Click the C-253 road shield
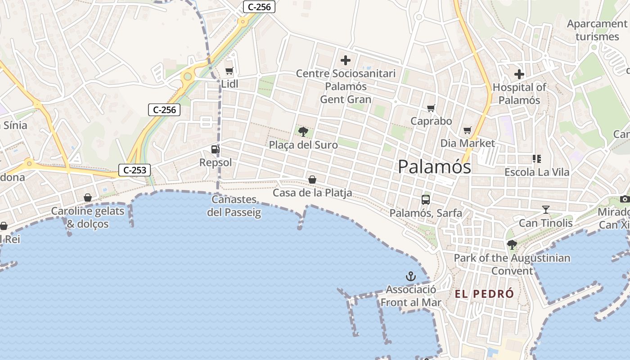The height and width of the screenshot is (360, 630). click(x=135, y=170)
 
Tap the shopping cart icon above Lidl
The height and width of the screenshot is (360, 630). click(x=229, y=71)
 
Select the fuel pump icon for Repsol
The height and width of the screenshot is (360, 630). click(x=216, y=149)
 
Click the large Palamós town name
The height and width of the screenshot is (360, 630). click(x=435, y=167)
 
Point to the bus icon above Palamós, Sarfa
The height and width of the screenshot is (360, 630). click(x=426, y=199)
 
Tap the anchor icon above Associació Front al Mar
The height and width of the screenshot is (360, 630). click(x=410, y=276)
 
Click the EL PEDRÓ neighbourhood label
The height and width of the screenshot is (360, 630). click(x=484, y=294)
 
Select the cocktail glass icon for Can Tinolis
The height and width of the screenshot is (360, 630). click(x=546, y=209)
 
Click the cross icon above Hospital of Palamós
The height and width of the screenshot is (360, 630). click(x=519, y=74)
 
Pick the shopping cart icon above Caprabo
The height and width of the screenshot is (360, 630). click(x=431, y=108)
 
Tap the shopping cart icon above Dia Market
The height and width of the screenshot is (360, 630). click(x=468, y=130)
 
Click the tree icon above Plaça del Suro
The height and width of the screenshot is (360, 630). click(x=303, y=132)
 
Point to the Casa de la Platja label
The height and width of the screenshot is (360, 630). click(x=312, y=193)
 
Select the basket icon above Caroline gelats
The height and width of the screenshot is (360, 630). click(x=88, y=198)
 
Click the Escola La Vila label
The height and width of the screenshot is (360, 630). click(x=537, y=172)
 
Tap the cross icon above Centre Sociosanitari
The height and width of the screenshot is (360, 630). click(x=346, y=60)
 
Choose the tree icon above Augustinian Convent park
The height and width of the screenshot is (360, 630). click(x=512, y=244)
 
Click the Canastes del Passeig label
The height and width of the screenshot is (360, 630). click(x=234, y=206)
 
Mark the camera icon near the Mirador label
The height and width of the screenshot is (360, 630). click(x=625, y=199)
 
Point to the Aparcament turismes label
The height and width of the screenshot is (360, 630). click(x=597, y=30)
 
